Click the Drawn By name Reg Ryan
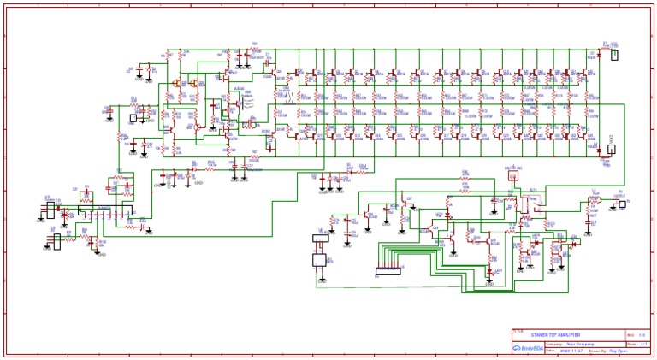(x=608, y=349)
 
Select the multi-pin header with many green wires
(x=390, y=271)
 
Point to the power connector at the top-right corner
(x=613, y=55)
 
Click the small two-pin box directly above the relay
(x=509, y=182)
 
